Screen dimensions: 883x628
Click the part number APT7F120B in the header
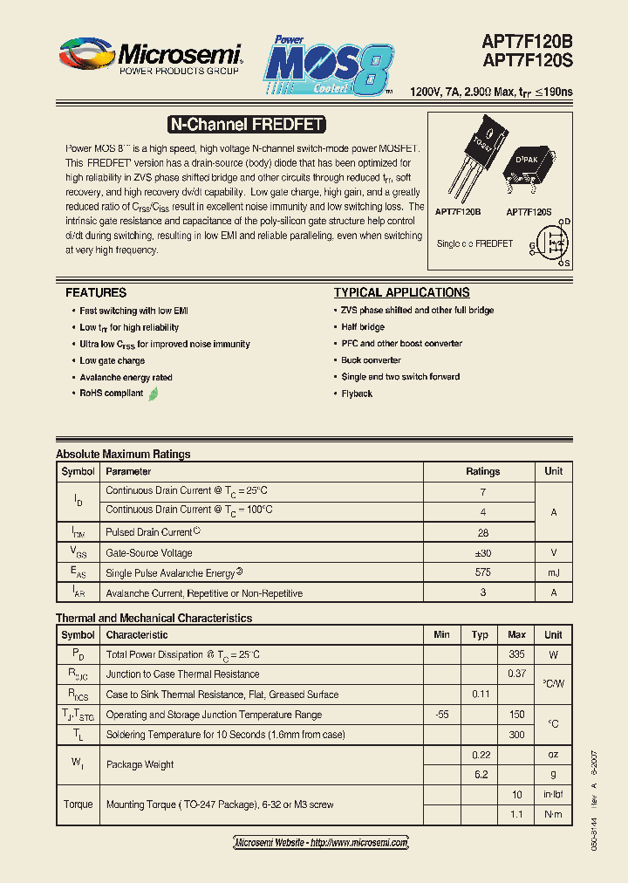click(x=527, y=40)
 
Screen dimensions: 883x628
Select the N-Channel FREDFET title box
click(x=245, y=125)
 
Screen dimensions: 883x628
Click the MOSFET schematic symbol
click(x=550, y=243)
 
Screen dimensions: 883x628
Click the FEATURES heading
click(x=96, y=292)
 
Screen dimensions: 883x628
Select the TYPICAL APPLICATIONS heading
click(x=401, y=292)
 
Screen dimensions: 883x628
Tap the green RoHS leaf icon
click(x=154, y=394)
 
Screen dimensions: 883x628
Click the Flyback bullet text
click(x=357, y=394)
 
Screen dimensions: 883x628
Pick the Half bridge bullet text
click(x=363, y=327)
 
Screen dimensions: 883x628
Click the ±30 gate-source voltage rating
click(x=482, y=552)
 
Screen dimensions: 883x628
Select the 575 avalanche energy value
click(x=482, y=572)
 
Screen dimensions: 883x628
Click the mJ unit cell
click(x=553, y=572)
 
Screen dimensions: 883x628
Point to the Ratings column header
click(x=482, y=471)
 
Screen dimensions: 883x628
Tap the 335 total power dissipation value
click(x=516, y=654)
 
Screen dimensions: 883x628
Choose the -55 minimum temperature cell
click(x=441, y=715)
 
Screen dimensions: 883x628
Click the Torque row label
click(x=78, y=804)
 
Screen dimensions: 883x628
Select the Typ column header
click(x=480, y=634)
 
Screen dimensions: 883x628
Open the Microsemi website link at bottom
click(x=321, y=843)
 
